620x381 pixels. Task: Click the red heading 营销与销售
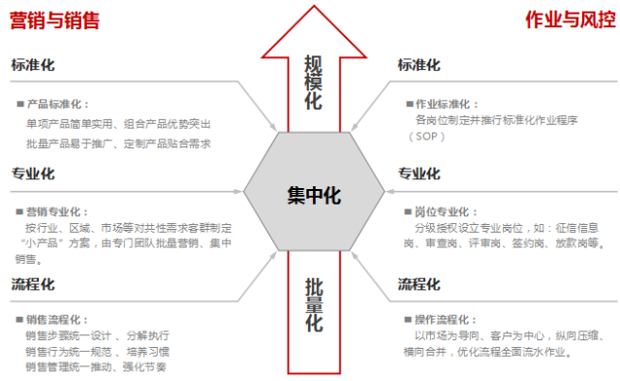tap(54, 19)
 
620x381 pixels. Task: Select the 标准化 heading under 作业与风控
tap(418, 65)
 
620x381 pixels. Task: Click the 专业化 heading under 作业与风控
tap(418, 174)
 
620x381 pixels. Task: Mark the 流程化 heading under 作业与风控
tap(418, 284)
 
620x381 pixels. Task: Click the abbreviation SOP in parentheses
tap(427, 138)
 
